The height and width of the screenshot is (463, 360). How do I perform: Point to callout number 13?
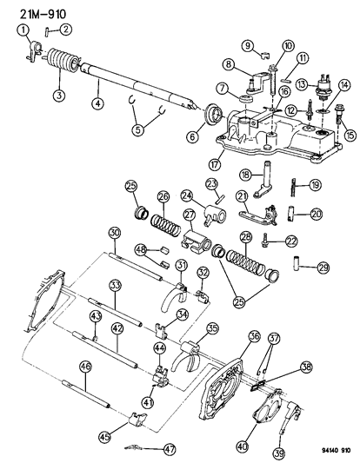pyautogui.click(x=301, y=83)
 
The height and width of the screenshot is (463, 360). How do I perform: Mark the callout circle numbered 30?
pyautogui.click(x=114, y=232)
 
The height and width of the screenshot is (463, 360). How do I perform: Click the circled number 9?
pyautogui.click(x=247, y=44)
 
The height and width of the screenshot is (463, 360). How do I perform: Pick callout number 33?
pyautogui.click(x=115, y=284)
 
